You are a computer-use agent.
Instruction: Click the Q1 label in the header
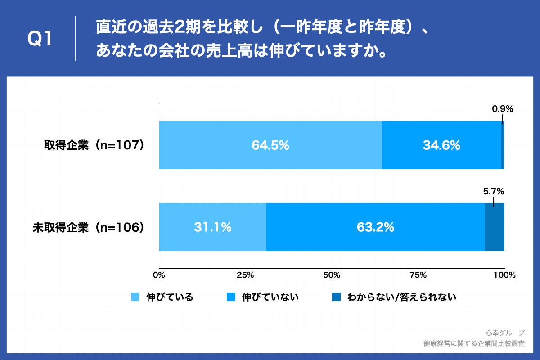[x=40, y=40]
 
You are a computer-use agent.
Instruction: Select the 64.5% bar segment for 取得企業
[x=270, y=145]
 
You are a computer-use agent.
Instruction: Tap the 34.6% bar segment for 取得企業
[x=441, y=145]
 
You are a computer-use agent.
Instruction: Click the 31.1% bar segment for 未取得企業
[x=212, y=227]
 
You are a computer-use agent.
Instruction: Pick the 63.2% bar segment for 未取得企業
[x=375, y=227]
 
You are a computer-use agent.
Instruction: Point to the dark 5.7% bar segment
[x=494, y=227]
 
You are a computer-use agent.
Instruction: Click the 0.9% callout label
[x=502, y=109]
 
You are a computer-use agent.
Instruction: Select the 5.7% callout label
[x=493, y=191]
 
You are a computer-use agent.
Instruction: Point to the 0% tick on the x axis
[x=159, y=275]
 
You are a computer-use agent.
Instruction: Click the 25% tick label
[x=245, y=275]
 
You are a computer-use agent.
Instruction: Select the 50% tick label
[x=332, y=275]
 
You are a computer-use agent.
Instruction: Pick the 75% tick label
[x=418, y=275]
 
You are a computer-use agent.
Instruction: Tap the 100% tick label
[x=504, y=275]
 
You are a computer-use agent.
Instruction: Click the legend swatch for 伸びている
[x=135, y=297]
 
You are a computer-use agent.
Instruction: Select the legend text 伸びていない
[x=270, y=297]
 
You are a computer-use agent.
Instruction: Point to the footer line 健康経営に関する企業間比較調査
[x=474, y=344]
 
